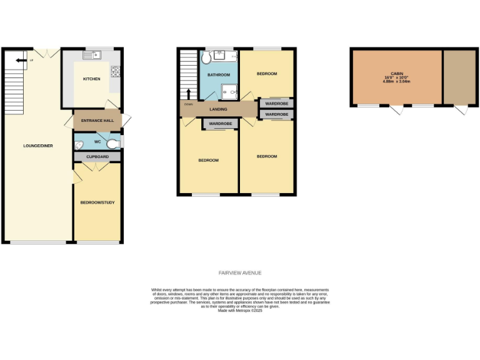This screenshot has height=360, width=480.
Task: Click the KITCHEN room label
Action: pyautogui.click(x=92, y=79)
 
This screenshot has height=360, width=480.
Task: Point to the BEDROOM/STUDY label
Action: pyautogui.click(x=97, y=202)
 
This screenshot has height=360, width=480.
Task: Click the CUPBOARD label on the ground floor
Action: pyautogui.click(x=97, y=156)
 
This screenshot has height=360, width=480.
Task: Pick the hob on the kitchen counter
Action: pyautogui.click(x=115, y=72)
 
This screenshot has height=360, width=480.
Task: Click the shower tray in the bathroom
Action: pyautogui.click(x=228, y=92)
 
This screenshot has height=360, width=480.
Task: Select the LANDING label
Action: pyautogui.click(x=218, y=109)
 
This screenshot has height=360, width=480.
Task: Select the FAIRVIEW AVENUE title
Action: pyautogui.click(x=239, y=273)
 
